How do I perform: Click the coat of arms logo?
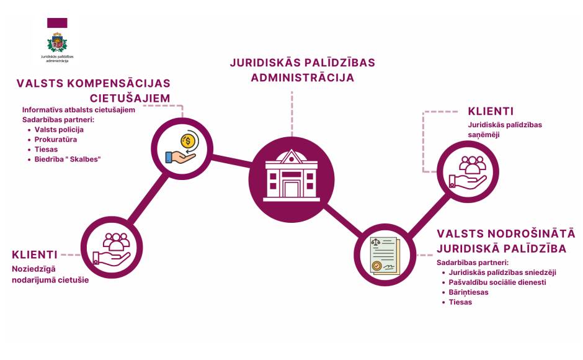pyautogui.click(x=57, y=42)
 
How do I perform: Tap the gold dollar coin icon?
pyautogui.click(x=188, y=141)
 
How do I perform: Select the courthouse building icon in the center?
pyautogui.click(x=291, y=176)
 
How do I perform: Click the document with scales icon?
pyautogui.click(x=385, y=256)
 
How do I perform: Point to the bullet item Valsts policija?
pyautogui.click(x=59, y=130)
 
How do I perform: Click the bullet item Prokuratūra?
pyautogui.click(x=56, y=140)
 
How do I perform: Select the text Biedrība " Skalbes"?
pyautogui.click(x=68, y=160)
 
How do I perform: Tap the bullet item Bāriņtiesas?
pyautogui.click(x=468, y=292)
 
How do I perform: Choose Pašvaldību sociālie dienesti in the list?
pyautogui.click(x=497, y=282)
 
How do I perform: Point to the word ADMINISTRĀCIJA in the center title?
pyautogui.click(x=303, y=78)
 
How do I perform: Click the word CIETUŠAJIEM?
pyautogui.click(x=130, y=98)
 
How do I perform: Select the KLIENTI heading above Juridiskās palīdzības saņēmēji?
pyautogui.click(x=491, y=111)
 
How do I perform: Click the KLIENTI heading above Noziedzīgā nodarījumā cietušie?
pyautogui.click(x=35, y=254)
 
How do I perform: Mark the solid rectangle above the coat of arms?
pyautogui.click(x=57, y=23)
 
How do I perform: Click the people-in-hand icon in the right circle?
pyautogui.click(x=468, y=172)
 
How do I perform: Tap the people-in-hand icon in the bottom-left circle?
pyautogui.click(x=112, y=249)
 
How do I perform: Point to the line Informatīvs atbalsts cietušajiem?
pyautogui.click(x=78, y=110)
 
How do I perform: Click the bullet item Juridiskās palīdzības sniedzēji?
pyautogui.click(x=502, y=272)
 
